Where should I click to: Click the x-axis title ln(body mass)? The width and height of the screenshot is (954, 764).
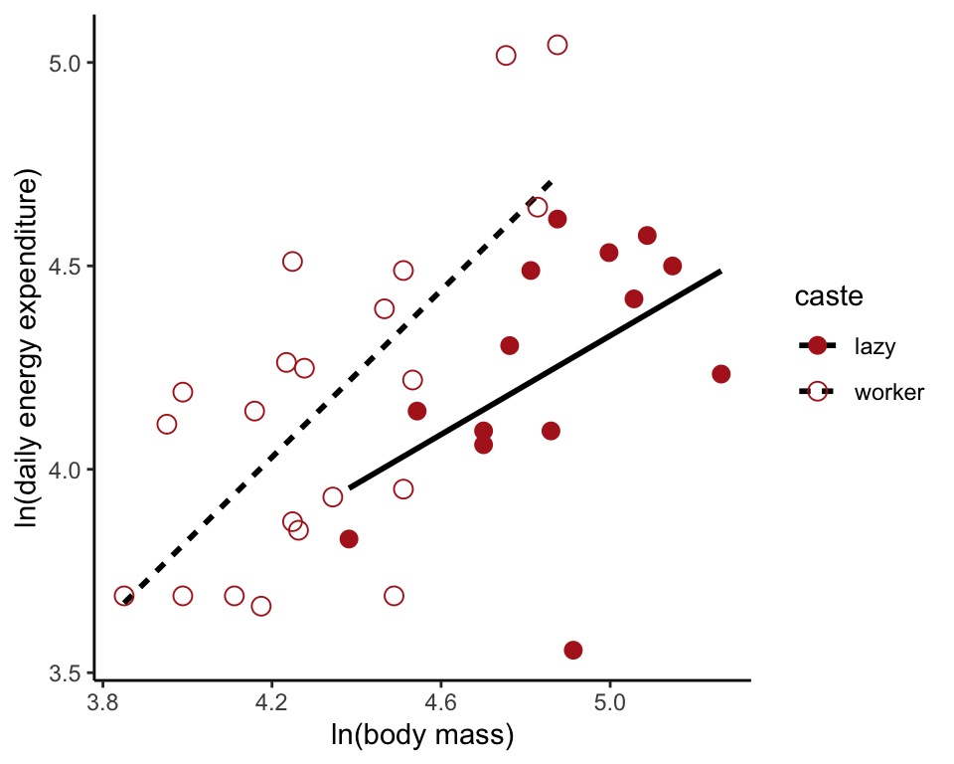point(421,736)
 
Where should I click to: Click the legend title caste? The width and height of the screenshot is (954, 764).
point(828,296)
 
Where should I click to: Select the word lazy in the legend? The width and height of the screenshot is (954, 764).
point(874,346)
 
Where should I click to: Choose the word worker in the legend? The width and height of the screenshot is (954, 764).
point(888,392)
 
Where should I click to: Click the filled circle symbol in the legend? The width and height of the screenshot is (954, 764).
point(818,346)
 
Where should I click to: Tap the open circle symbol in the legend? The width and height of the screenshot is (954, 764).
point(818,392)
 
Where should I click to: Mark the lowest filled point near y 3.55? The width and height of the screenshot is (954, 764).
point(573,650)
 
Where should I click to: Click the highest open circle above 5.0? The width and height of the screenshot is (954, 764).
point(557,45)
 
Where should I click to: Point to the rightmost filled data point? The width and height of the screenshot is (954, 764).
point(721,374)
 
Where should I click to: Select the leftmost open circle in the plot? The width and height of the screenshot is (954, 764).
point(124,596)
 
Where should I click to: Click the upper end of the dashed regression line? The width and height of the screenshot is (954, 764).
point(552,182)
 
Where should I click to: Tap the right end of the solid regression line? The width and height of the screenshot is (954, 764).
point(719,271)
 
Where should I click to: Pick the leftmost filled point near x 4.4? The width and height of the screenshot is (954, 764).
point(349,539)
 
